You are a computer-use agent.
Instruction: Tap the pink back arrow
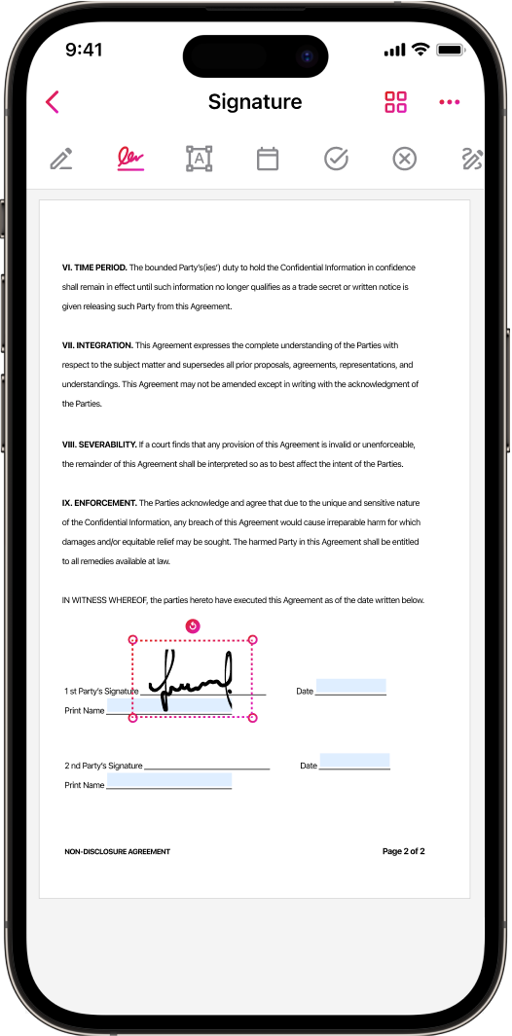click(53, 102)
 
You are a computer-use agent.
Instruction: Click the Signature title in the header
click(255, 102)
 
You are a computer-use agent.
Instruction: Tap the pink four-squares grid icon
click(395, 102)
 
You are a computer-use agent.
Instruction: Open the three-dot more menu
click(449, 102)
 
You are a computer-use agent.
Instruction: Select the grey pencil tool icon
click(61, 160)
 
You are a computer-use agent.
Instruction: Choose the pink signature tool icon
click(130, 159)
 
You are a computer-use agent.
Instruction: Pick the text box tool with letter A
click(200, 160)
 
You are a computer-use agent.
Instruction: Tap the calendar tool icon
click(268, 160)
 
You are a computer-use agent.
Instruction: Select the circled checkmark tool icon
click(336, 160)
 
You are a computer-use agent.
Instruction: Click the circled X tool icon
click(405, 160)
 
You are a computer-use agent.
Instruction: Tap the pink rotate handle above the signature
click(193, 625)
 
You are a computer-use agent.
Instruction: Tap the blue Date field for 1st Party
click(350, 686)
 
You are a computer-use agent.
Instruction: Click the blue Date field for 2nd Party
click(354, 761)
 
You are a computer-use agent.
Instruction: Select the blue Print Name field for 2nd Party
click(169, 780)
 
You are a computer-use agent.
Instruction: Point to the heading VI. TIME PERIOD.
click(94, 268)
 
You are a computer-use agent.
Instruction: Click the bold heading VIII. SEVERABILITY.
click(99, 445)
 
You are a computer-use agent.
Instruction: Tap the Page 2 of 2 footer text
click(404, 851)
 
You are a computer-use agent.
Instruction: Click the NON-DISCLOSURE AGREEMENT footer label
click(117, 852)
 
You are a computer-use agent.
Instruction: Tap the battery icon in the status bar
click(450, 51)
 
